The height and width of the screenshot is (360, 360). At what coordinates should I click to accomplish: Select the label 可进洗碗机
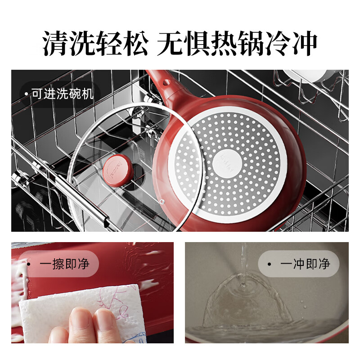62,94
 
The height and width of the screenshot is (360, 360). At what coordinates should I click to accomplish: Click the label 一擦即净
64,263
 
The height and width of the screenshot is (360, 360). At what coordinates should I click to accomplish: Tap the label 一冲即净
305,264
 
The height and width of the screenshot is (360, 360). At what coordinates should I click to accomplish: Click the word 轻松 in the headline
126,44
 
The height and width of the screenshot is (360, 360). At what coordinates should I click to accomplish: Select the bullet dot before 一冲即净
269,264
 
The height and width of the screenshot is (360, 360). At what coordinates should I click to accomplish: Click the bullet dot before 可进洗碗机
26,94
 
